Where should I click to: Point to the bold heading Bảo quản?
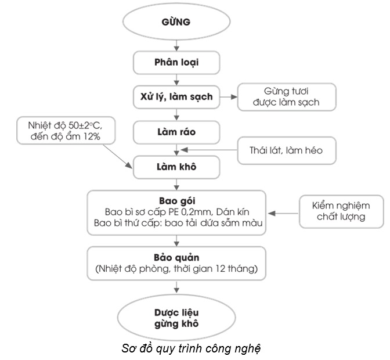(176, 257)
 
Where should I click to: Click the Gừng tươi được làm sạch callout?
(286, 97)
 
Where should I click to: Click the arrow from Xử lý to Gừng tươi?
(228, 96)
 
